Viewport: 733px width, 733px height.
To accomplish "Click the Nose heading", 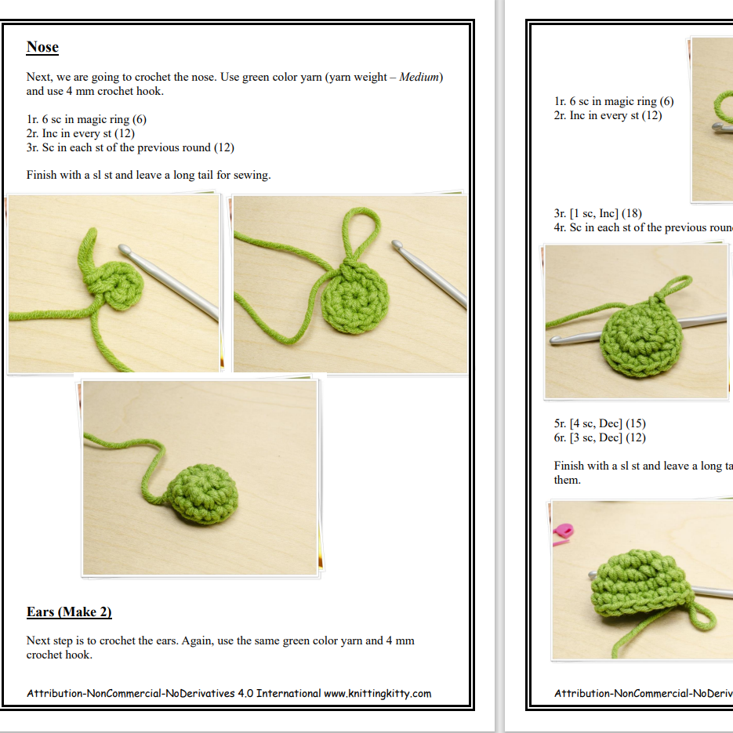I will click(x=42, y=47).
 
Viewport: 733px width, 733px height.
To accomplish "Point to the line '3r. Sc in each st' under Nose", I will click(x=130, y=147).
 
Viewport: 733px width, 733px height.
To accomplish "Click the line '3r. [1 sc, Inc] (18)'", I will click(x=598, y=213).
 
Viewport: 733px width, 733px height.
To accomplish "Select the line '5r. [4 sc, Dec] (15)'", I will click(x=600, y=423).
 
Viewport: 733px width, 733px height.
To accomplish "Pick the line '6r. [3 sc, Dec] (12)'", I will click(x=600, y=437).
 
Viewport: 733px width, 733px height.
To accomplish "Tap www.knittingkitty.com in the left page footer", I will click(x=377, y=693).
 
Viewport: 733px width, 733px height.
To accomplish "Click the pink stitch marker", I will click(x=562, y=535).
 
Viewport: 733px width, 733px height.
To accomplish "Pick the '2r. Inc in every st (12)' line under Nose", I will click(x=81, y=133).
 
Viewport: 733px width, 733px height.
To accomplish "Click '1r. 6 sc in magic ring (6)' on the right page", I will click(x=613, y=101).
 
